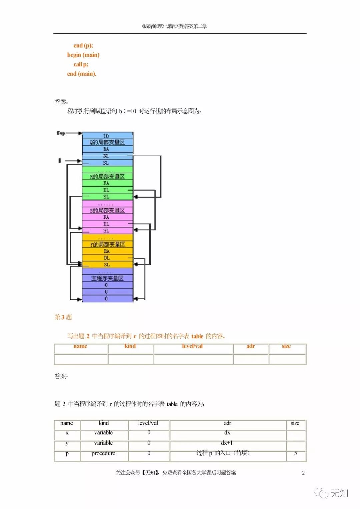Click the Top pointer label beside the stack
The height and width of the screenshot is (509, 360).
point(61,133)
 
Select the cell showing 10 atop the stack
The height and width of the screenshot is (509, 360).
point(106,136)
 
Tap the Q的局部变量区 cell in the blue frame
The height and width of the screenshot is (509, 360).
point(107,142)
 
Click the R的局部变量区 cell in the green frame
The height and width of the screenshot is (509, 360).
point(107,176)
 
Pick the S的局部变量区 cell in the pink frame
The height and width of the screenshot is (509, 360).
point(107,210)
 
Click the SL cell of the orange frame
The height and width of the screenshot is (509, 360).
point(107,265)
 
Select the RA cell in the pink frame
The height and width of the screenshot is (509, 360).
point(106,217)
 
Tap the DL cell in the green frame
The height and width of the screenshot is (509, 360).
point(106,190)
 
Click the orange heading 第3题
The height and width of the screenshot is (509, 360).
point(63,317)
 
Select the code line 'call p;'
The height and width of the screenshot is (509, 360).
point(81,64)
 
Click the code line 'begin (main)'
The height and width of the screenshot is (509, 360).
point(83,55)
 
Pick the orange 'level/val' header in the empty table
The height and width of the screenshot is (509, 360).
point(192,346)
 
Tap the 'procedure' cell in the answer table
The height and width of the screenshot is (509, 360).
point(103,453)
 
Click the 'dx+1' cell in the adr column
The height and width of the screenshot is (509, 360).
point(227,443)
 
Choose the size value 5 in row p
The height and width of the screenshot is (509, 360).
point(295,453)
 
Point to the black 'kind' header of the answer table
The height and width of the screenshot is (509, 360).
point(104,423)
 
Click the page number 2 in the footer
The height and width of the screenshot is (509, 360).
point(303,473)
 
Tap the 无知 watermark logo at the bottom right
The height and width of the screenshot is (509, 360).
point(331,493)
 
